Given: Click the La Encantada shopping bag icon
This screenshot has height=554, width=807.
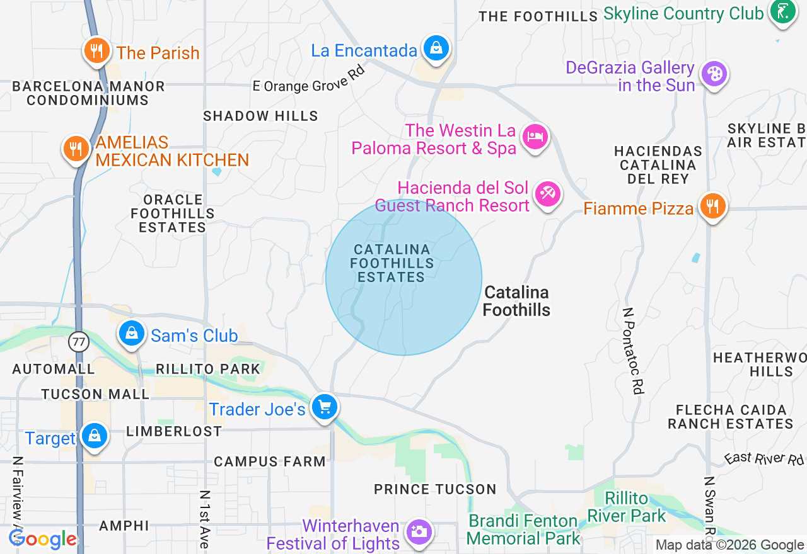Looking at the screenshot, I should point(436,48).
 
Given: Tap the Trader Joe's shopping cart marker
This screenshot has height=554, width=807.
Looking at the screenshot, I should point(325,407).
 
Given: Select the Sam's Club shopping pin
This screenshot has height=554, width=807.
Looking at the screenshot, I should point(132,333).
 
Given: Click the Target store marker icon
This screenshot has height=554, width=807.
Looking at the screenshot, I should point(95,435).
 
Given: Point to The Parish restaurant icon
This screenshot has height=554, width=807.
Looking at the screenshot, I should point(96,50).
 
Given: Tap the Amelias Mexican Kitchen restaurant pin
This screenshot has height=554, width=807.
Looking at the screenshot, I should point(76,149).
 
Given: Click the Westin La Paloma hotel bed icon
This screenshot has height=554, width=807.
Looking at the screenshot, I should point(535,136).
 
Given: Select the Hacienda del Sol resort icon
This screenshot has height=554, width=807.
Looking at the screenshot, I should point(547,193).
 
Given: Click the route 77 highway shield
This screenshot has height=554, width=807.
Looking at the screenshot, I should point(79,342).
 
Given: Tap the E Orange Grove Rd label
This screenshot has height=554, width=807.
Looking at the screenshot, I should point(309,79).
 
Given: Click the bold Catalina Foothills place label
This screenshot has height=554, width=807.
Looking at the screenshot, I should point(516,301).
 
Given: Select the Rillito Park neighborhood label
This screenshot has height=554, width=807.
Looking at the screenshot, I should point(208,369).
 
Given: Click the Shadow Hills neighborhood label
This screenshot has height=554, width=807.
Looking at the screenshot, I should point(260,116).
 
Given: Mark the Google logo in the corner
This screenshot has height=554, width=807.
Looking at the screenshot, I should point(42,539).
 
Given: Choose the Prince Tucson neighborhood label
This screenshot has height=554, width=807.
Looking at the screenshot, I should point(435,489).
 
